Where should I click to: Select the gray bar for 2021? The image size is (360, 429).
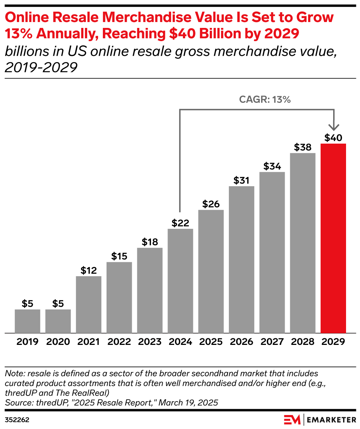(x=89, y=304)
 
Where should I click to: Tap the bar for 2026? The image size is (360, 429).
(x=241, y=259)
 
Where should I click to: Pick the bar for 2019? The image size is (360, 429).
(x=28, y=321)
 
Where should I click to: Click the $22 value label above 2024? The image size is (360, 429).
(x=180, y=223)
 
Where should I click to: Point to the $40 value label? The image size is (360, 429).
(x=333, y=138)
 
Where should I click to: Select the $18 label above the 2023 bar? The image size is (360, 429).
(x=150, y=242)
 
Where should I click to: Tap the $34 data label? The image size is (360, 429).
(x=272, y=166)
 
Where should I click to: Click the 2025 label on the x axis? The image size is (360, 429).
(x=211, y=342)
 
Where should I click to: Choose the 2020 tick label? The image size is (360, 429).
(x=58, y=342)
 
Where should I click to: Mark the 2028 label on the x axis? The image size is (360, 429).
(x=303, y=342)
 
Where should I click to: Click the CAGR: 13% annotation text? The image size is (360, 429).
(x=265, y=100)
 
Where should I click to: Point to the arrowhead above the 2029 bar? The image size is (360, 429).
(x=333, y=127)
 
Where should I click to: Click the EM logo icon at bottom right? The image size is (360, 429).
(x=292, y=419)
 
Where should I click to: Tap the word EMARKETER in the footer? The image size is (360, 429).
(x=331, y=419)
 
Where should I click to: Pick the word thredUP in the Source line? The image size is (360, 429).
(x=50, y=403)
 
